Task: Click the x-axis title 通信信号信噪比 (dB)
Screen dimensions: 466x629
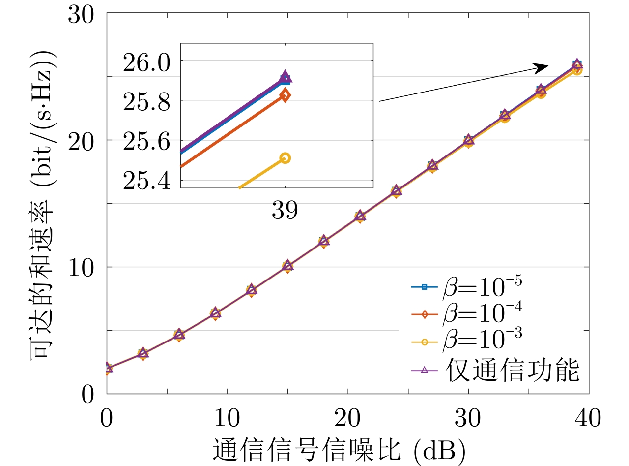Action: [x=339, y=449]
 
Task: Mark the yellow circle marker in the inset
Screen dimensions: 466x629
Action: [x=285, y=158]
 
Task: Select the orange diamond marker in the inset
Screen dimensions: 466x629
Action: [x=285, y=95]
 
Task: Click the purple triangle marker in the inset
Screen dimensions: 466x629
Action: [x=285, y=76]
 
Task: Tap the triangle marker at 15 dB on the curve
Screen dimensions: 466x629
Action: [x=287, y=265]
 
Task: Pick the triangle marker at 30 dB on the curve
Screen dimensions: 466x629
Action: [x=468, y=140]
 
